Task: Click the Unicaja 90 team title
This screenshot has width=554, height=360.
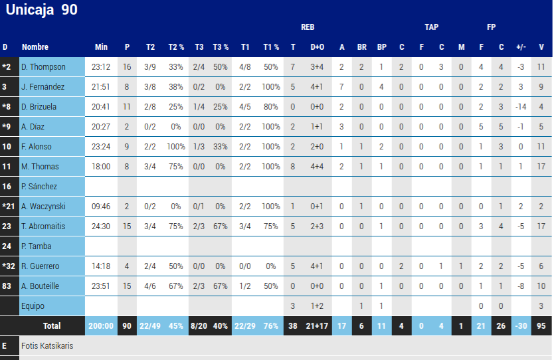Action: click(x=41, y=10)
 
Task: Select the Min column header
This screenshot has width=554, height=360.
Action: click(x=101, y=47)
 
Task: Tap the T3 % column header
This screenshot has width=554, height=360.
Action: click(x=221, y=47)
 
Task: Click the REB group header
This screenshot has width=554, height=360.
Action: click(x=308, y=27)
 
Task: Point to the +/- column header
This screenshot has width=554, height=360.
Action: click(x=521, y=47)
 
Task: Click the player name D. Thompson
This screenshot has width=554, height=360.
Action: click(x=43, y=67)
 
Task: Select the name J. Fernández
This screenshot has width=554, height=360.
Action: click(x=43, y=86)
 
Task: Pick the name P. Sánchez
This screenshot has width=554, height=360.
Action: click(x=39, y=186)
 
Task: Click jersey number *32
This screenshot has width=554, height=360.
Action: click(x=9, y=266)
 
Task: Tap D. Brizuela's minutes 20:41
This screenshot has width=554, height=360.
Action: click(x=101, y=107)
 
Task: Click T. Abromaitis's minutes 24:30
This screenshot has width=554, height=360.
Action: click(x=101, y=226)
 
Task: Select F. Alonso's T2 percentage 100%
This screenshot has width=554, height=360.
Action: click(x=176, y=147)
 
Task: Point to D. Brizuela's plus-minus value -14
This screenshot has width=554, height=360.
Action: click(x=521, y=107)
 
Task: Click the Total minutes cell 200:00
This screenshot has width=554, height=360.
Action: click(x=101, y=325)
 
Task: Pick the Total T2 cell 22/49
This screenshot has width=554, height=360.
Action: click(x=150, y=325)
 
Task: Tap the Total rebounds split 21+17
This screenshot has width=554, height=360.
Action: click(x=317, y=325)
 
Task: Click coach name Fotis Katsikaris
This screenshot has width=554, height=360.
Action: click(x=47, y=345)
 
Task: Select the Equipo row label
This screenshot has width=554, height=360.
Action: click(x=33, y=306)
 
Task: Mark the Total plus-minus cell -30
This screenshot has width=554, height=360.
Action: click(x=521, y=325)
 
